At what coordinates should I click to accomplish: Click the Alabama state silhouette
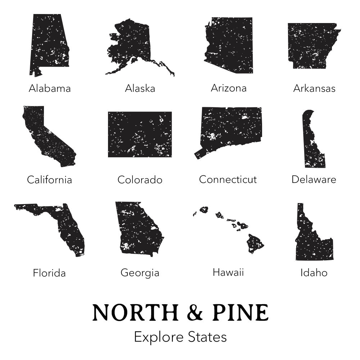(x=49, y=43)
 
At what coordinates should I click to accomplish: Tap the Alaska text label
(x=140, y=88)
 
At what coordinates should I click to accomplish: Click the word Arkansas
(x=314, y=88)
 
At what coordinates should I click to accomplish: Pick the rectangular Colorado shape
(x=140, y=134)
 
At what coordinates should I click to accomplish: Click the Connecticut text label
(x=228, y=179)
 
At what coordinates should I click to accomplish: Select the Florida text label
(x=49, y=273)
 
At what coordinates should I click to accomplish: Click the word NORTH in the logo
(x=135, y=312)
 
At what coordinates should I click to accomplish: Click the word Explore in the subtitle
(x=159, y=337)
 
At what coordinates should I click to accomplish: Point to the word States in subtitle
(x=208, y=337)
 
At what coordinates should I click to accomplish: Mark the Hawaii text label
(x=228, y=272)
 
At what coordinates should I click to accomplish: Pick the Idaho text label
(x=314, y=273)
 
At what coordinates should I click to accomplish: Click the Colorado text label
(x=140, y=180)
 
